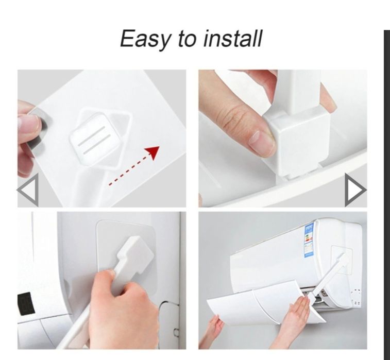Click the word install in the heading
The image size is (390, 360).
(x=233, y=38)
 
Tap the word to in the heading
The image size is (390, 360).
(x=188, y=39)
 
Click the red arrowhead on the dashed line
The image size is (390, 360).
(x=152, y=152)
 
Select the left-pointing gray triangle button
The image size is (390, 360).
(x=28, y=190)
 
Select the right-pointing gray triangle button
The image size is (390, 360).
(x=355, y=190)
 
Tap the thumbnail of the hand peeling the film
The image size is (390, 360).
(x=101, y=138)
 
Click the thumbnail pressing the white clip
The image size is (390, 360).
(x=282, y=138)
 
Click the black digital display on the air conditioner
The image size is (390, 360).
(x=26, y=303)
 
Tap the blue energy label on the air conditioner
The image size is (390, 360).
(x=309, y=240)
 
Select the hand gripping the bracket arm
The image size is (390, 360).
(x=122, y=308)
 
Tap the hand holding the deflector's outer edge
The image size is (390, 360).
(x=216, y=328)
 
